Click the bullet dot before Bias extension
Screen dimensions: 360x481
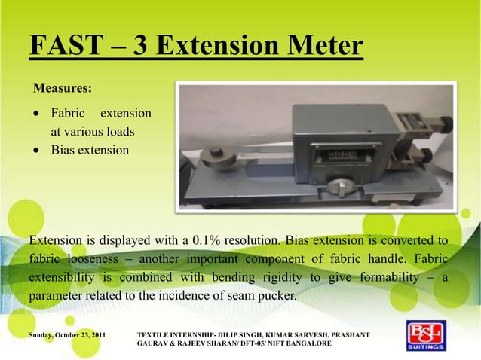(38, 150)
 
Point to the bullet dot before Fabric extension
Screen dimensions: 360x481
(38, 114)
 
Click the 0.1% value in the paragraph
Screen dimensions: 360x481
(208, 241)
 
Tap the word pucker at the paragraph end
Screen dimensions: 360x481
(277, 295)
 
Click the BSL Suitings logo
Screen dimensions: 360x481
(426, 337)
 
